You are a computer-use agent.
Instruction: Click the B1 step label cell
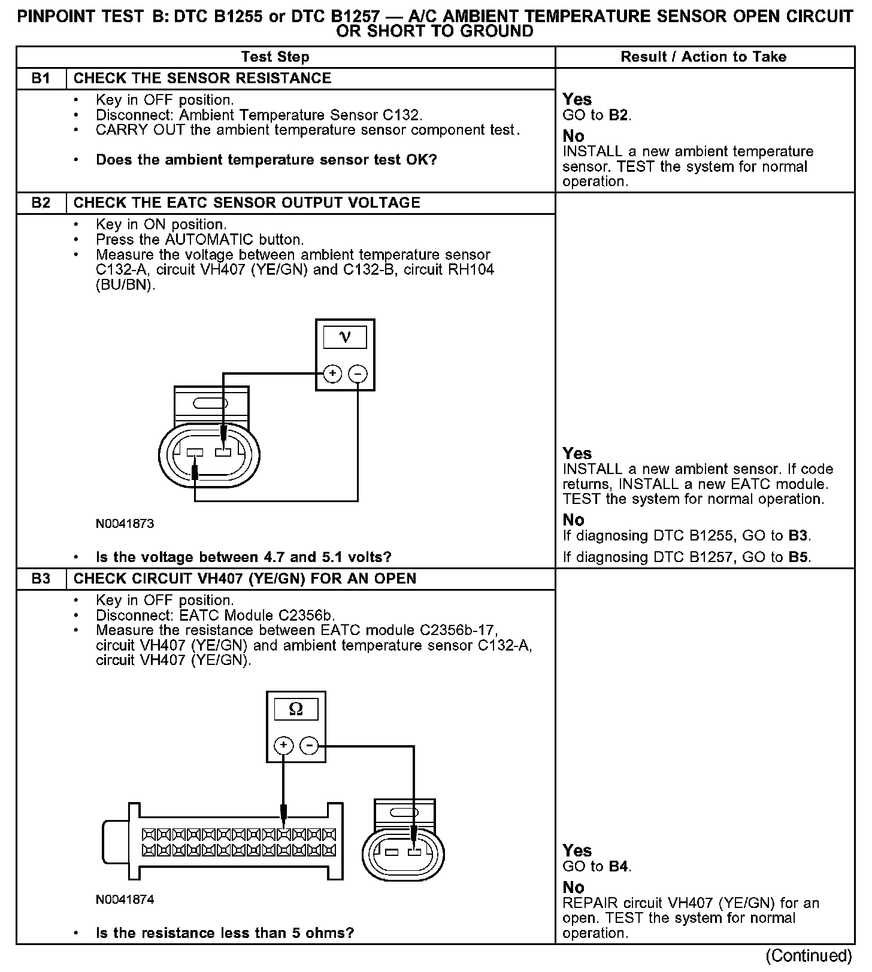[x=41, y=78]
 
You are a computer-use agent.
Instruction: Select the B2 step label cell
[x=41, y=203]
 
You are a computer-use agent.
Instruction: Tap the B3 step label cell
[x=41, y=579]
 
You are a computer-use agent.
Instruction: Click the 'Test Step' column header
[x=275, y=57]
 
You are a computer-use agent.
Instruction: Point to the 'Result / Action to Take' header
[x=703, y=57]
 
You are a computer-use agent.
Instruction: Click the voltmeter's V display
[x=345, y=338]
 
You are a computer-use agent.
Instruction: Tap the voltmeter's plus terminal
[x=332, y=374]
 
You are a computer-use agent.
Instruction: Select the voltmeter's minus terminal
[x=358, y=374]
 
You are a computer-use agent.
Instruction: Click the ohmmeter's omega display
[x=296, y=710]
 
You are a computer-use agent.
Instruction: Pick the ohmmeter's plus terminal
[x=283, y=746]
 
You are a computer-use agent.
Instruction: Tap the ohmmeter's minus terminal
[x=308, y=746]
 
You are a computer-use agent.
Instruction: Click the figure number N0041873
[x=125, y=524]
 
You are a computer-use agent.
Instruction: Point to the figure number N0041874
[x=125, y=900]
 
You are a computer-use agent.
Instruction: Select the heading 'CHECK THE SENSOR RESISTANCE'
[x=202, y=78]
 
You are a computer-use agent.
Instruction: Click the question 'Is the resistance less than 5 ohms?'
[x=225, y=933]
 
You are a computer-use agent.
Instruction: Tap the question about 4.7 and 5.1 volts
[x=243, y=557]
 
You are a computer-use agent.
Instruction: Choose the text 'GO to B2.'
[x=597, y=115]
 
